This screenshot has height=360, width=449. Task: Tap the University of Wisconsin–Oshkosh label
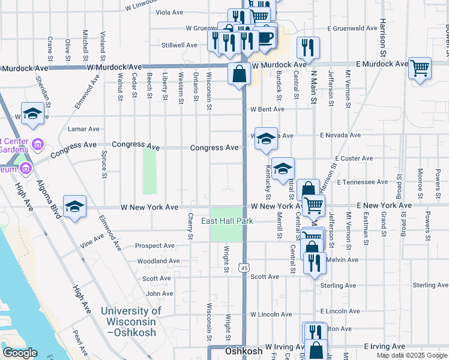pos(131,321)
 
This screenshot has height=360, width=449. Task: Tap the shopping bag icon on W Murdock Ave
pos(239,74)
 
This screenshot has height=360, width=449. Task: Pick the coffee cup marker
pos(265,37)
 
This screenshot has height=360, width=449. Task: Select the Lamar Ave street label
pos(84,129)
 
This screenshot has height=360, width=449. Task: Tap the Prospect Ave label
pos(155,245)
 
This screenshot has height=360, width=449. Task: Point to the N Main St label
pos(313,88)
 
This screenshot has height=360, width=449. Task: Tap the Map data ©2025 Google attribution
pos(411,355)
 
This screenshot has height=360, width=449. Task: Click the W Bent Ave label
pos(267,109)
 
